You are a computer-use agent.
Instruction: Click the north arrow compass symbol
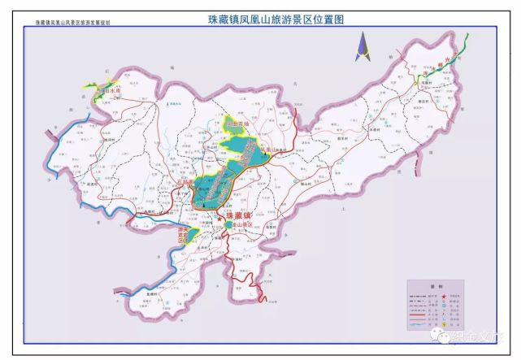tap(360, 48)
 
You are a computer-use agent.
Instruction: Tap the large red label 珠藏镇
tap(239, 208)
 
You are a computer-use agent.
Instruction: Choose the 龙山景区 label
tap(239, 220)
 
